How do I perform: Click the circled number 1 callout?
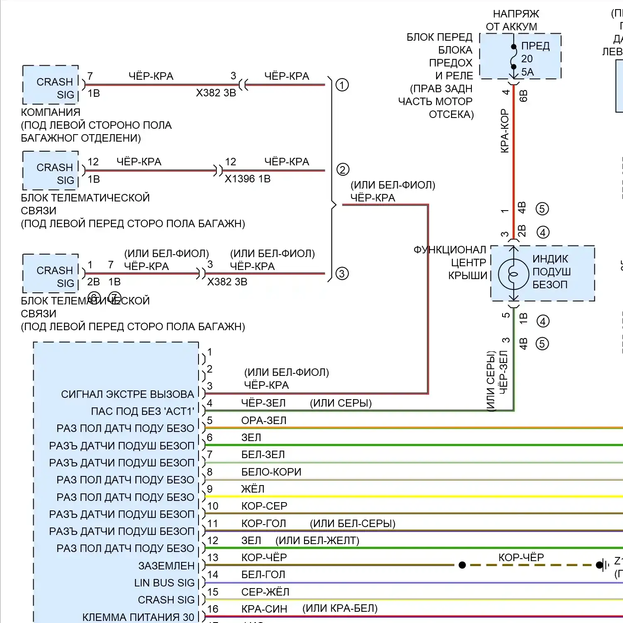click(x=342, y=85)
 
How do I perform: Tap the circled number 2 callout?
click(x=343, y=169)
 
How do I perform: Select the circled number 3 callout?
click(x=342, y=274)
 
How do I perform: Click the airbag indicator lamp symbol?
click(x=514, y=274)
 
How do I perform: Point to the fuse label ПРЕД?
click(x=535, y=46)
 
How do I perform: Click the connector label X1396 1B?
click(x=248, y=179)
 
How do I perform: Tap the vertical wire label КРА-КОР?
click(x=505, y=131)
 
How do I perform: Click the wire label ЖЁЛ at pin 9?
click(x=253, y=489)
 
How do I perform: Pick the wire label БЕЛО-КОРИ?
click(x=271, y=472)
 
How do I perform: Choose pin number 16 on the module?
click(x=213, y=609)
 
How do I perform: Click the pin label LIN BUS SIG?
click(x=164, y=583)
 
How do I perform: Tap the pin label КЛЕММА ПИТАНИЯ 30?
click(x=138, y=617)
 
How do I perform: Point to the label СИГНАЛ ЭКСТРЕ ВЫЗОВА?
click(x=128, y=394)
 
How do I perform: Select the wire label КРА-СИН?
click(x=264, y=609)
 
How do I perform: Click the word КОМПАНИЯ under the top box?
click(x=51, y=112)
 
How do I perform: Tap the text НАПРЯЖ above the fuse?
click(x=516, y=14)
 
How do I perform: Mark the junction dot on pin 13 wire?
click(x=462, y=565)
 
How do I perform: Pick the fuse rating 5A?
click(x=527, y=72)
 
